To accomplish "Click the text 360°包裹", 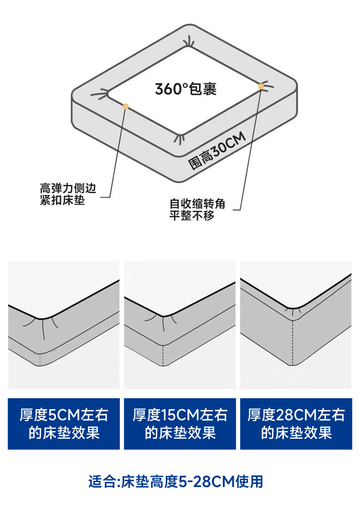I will (185, 88).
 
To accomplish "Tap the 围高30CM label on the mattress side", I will (217, 151).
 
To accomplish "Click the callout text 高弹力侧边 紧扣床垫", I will (68, 194).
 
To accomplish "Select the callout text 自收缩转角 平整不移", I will (197, 210).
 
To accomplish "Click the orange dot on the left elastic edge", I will (126, 106).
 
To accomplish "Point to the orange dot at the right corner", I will (261, 86).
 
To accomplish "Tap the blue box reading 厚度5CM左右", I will (64, 424).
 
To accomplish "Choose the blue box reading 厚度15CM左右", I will (180, 424).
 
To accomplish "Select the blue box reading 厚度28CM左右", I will (296, 424).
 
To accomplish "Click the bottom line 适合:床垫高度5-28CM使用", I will (176, 482).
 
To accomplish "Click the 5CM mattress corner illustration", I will (64, 325).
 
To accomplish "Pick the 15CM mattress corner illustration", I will (180, 325).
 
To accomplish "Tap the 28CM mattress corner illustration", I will (296, 325).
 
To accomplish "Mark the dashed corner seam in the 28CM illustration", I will (291, 342).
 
